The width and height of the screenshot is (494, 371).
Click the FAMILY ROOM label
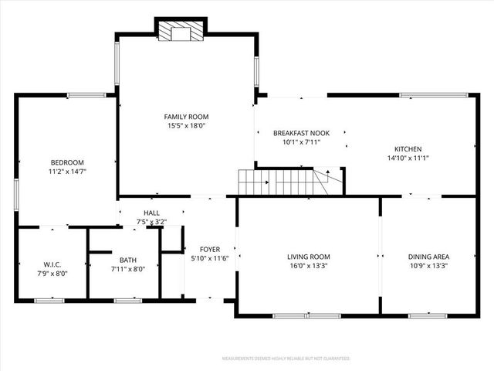[x=186, y=116]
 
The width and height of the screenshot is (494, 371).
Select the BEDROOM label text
[x=67, y=162]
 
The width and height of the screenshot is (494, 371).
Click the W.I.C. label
[x=52, y=264]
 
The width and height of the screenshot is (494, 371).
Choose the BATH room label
[x=127, y=260]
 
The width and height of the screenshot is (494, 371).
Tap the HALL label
[x=151, y=213]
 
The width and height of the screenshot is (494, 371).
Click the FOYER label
[x=210, y=249]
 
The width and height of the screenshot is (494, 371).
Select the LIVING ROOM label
[x=309, y=257]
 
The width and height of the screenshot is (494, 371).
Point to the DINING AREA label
[x=428, y=257]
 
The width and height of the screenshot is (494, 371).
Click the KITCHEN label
[x=408, y=148]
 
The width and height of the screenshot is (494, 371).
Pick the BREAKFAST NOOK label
[x=301, y=133]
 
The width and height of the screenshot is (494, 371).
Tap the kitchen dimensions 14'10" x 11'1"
[x=408, y=158]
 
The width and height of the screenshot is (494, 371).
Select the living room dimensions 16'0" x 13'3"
[x=309, y=266]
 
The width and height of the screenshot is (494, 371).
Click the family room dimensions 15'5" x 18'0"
[x=186, y=125]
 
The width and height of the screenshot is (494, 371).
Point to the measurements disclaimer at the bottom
[x=286, y=359]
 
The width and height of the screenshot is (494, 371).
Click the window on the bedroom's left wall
[x=17, y=192]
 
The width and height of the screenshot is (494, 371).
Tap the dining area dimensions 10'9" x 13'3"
[x=428, y=266]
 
